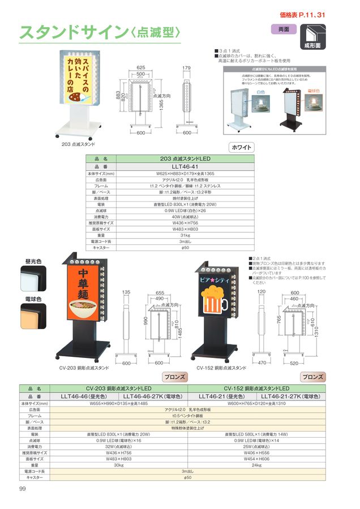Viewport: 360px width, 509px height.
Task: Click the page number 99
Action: point(22,489)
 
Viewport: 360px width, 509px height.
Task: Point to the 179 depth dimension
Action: point(187,67)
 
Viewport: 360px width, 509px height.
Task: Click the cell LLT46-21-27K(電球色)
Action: point(290,396)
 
